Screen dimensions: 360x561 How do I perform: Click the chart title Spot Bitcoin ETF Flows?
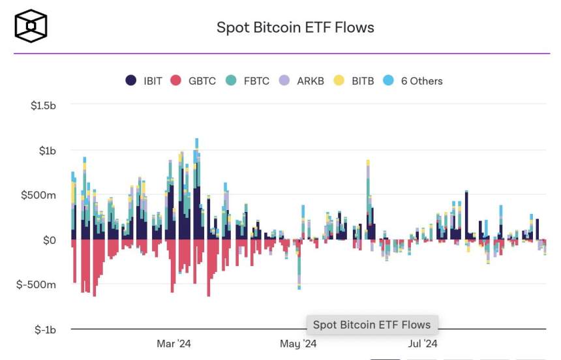[x=295, y=27]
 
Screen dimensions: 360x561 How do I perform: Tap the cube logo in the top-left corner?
[x=31, y=25]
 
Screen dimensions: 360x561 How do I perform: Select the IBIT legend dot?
[x=131, y=81]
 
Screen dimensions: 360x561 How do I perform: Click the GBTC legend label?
[x=202, y=81]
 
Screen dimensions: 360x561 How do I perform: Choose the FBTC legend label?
[x=257, y=81]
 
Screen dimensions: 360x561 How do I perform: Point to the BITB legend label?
[x=363, y=81]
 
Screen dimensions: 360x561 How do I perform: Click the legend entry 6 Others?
[x=421, y=81]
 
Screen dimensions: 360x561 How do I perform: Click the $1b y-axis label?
[x=48, y=151]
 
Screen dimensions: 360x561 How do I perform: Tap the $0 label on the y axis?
[x=50, y=240]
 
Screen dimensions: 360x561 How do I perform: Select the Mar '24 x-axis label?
[x=174, y=344]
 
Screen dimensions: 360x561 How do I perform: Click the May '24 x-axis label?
[x=298, y=344]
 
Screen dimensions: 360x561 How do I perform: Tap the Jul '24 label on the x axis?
[x=422, y=344]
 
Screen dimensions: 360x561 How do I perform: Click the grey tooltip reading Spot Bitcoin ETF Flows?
[x=372, y=325]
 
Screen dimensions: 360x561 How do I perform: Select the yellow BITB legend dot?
[x=339, y=81]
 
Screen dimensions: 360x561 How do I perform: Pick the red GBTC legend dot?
[x=175, y=81]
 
